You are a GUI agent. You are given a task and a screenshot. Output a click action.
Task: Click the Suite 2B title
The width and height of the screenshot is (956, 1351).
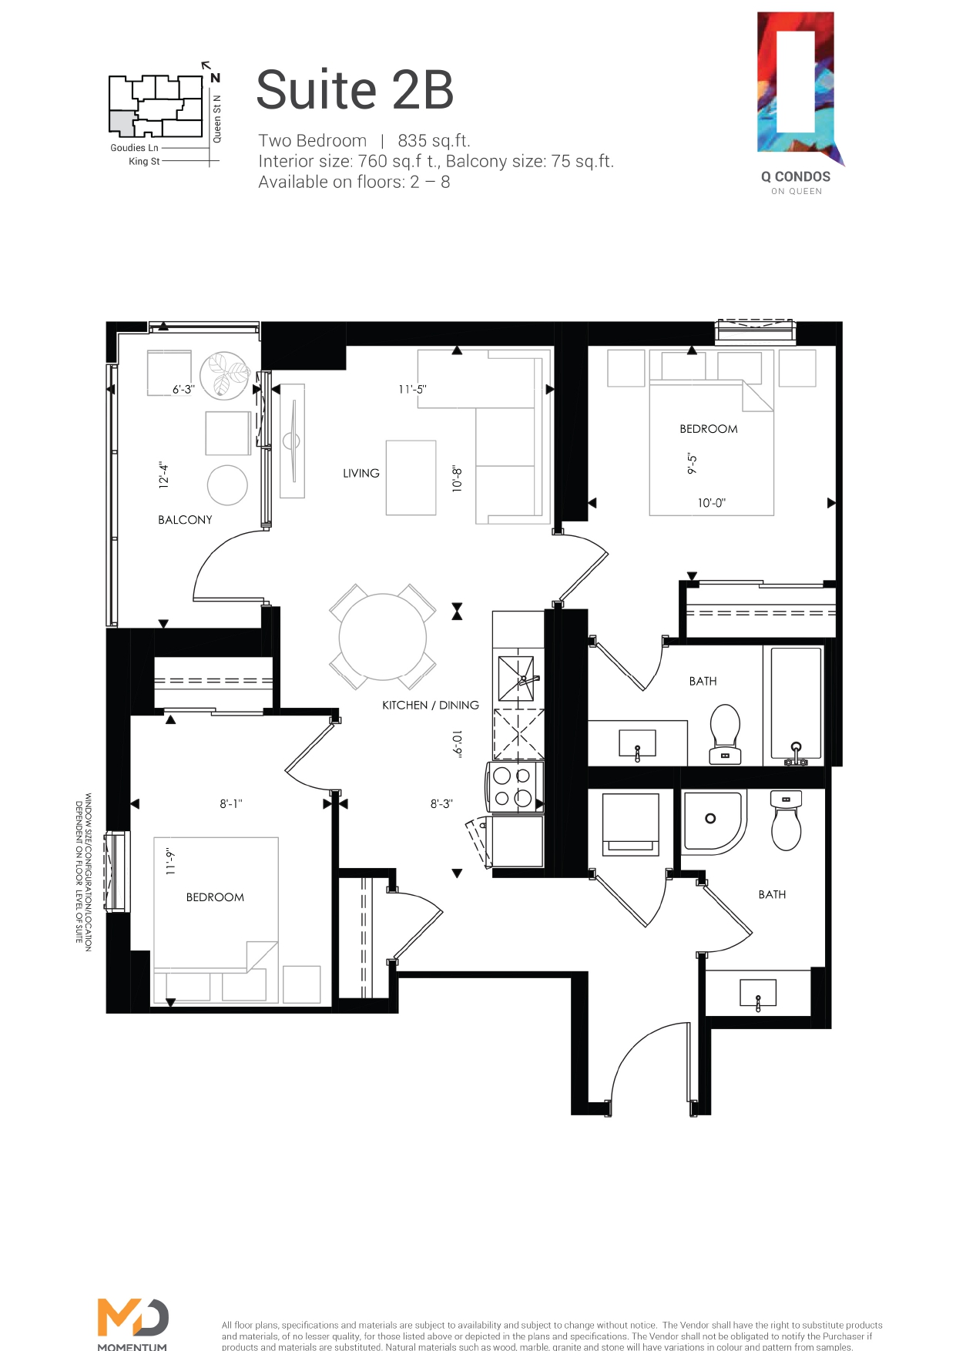[x=354, y=89]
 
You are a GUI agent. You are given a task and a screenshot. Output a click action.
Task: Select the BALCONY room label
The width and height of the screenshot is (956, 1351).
[x=185, y=520]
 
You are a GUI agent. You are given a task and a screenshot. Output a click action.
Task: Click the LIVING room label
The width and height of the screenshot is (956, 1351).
[x=361, y=473]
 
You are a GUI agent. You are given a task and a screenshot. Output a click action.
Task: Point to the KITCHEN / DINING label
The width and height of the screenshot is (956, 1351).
[x=431, y=705]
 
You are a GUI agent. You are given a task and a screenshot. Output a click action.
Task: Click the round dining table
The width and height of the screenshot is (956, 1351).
[x=383, y=637]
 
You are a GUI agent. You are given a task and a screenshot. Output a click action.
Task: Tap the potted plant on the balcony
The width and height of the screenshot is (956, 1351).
[x=225, y=376]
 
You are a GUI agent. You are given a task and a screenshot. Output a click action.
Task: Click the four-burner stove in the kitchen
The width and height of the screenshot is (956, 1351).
[x=514, y=787]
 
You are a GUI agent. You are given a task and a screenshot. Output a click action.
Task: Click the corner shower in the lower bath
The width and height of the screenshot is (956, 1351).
[x=713, y=823]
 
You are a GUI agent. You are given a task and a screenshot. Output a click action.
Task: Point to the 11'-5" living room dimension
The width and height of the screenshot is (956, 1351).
[x=412, y=390]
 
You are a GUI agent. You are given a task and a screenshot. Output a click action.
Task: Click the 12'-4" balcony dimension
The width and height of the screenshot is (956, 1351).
[x=163, y=475]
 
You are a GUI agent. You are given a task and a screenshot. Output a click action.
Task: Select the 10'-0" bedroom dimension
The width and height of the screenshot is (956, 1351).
[x=712, y=503]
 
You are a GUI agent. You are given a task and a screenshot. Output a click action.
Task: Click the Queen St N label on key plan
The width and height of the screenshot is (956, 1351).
[x=217, y=119]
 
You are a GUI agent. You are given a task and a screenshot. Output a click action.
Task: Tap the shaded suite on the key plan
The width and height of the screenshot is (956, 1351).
[x=122, y=123]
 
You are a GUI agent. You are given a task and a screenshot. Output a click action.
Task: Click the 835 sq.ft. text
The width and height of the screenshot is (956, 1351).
[x=434, y=141]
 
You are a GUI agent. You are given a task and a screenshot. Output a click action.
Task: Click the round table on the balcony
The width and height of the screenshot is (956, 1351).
[x=227, y=485]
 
